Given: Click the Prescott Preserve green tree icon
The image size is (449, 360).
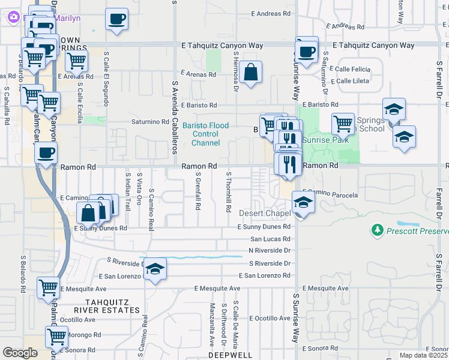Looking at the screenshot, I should [x=377, y=230].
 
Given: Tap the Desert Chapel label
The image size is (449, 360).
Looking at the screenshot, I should [x=265, y=214].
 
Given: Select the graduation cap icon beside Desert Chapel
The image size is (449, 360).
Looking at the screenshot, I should [x=303, y=203].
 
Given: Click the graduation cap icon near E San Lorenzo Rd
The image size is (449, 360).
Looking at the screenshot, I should [x=155, y=269].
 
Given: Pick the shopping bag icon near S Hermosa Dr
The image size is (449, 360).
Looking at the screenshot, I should [x=252, y=72].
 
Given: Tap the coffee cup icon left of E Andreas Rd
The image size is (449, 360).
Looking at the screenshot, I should [x=116, y=19].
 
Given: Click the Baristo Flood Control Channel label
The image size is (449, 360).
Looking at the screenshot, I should [x=206, y=134].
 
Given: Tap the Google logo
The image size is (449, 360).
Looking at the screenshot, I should [x=20, y=353].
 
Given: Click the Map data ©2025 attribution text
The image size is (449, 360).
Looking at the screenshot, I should [x=421, y=356].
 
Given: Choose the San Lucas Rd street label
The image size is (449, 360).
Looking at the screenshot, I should [x=270, y=239].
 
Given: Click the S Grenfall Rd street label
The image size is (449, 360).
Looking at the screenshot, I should [x=198, y=191].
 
